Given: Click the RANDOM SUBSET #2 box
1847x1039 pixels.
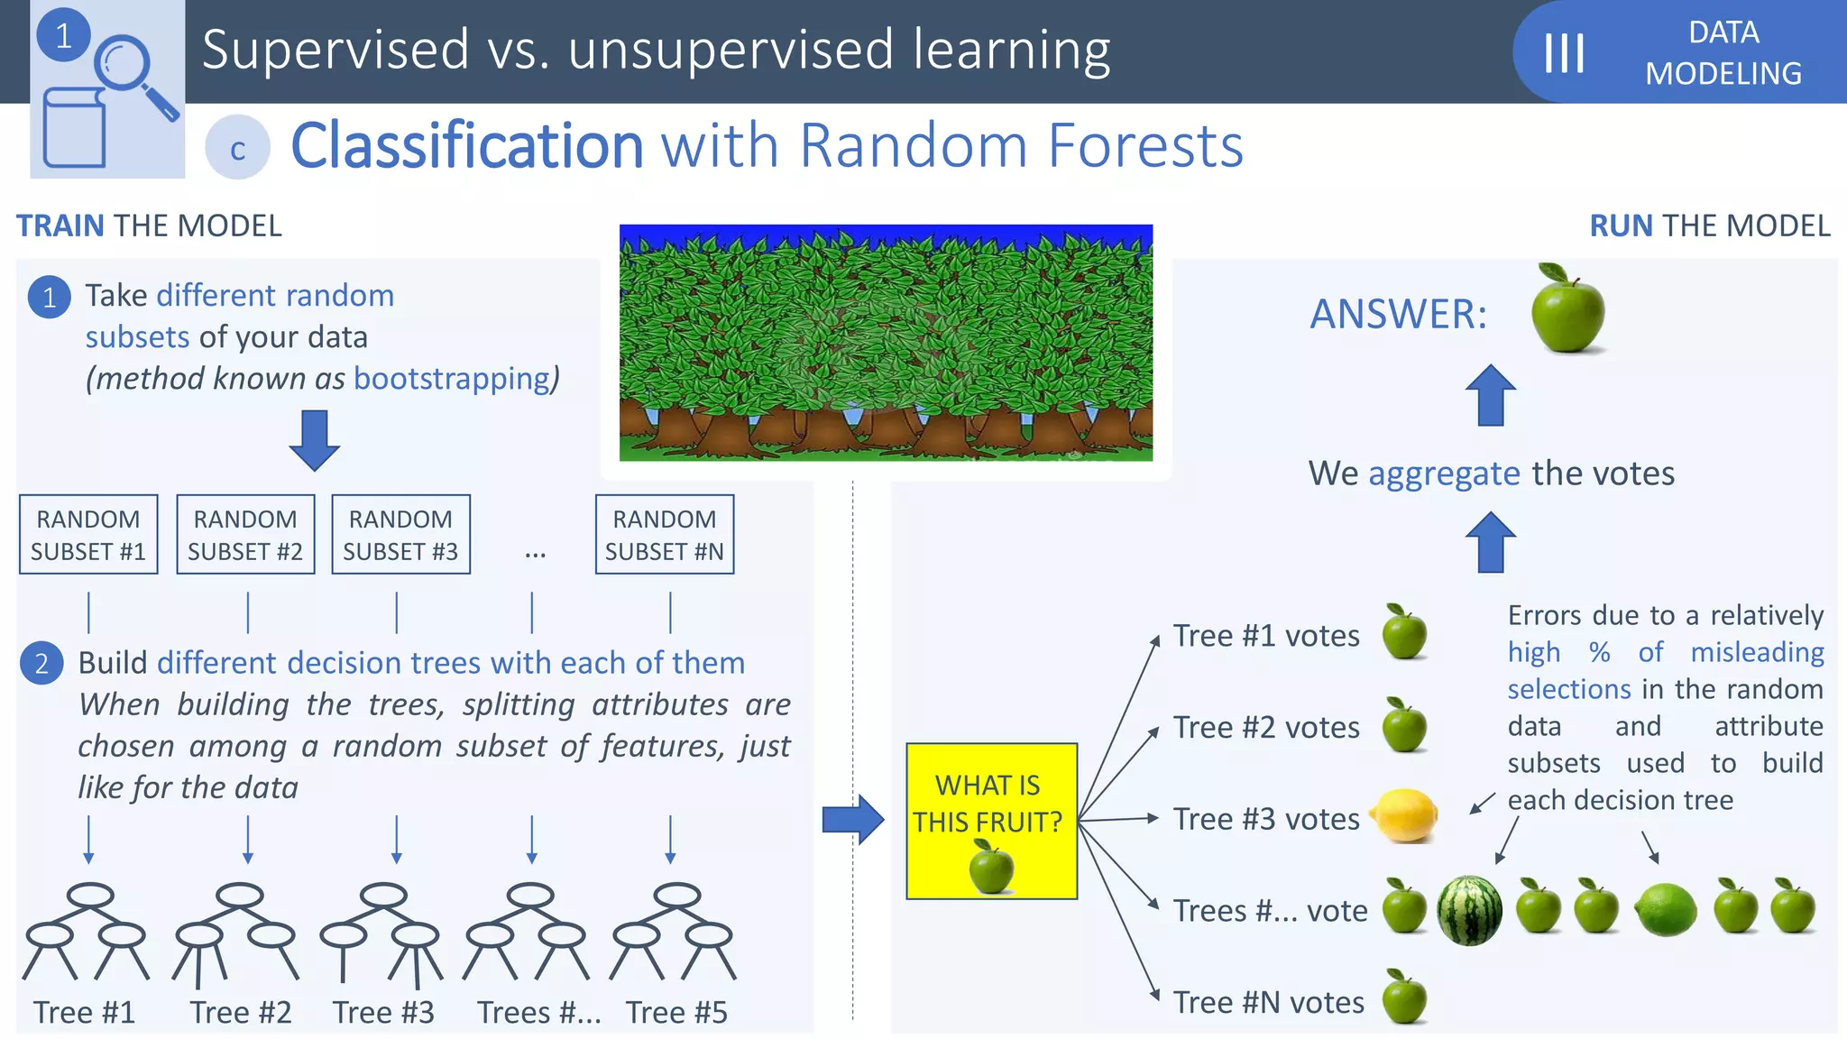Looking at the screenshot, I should coord(245,534).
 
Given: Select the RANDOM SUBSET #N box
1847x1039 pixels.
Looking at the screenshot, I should coord(665,534).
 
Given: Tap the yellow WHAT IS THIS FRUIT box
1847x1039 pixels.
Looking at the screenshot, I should coord(991,821).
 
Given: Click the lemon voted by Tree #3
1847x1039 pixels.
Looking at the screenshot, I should coord(1404,815).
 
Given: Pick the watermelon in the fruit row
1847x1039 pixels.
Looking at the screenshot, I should coord(1469,911).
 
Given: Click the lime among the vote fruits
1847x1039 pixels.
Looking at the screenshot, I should coord(1665,909).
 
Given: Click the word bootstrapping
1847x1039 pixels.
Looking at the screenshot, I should coord(452,379).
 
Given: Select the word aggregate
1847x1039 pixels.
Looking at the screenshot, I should coord(1444,474).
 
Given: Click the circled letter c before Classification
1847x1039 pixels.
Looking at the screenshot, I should coord(237,148).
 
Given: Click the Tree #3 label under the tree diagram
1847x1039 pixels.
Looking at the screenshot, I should coord(383,1012).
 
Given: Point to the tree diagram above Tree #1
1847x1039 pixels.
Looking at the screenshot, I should coord(86,932).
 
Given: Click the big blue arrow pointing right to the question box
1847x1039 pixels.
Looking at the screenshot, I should coord(852,819).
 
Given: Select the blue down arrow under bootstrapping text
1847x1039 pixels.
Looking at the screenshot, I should coord(314,440).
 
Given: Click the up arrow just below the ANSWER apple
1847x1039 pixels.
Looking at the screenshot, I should coord(1490,395).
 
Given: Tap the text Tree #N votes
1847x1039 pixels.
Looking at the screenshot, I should coord(1268,1002).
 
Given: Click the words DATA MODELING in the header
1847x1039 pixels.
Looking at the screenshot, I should coord(1723,52).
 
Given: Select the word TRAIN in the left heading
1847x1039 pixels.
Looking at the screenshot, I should coord(60,225).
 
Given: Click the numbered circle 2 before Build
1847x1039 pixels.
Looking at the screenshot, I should coord(41,664).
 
